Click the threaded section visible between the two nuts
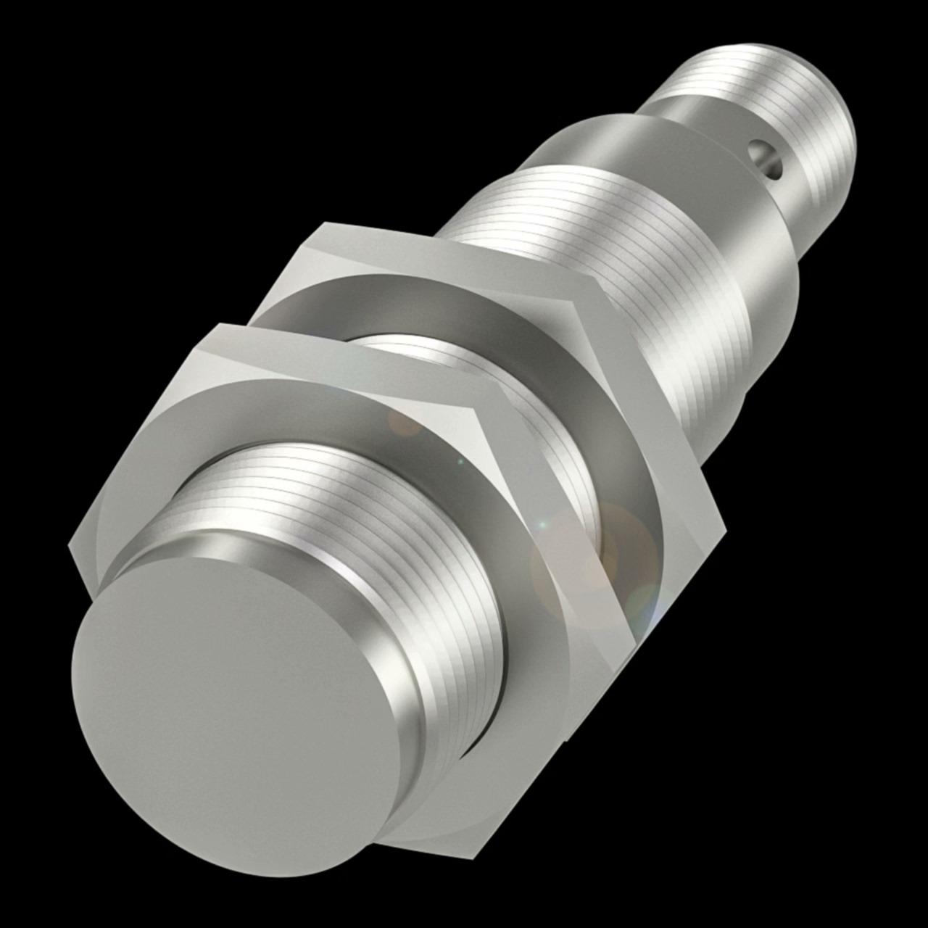coord(536,435)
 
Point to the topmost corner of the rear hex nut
coord(324,223)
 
